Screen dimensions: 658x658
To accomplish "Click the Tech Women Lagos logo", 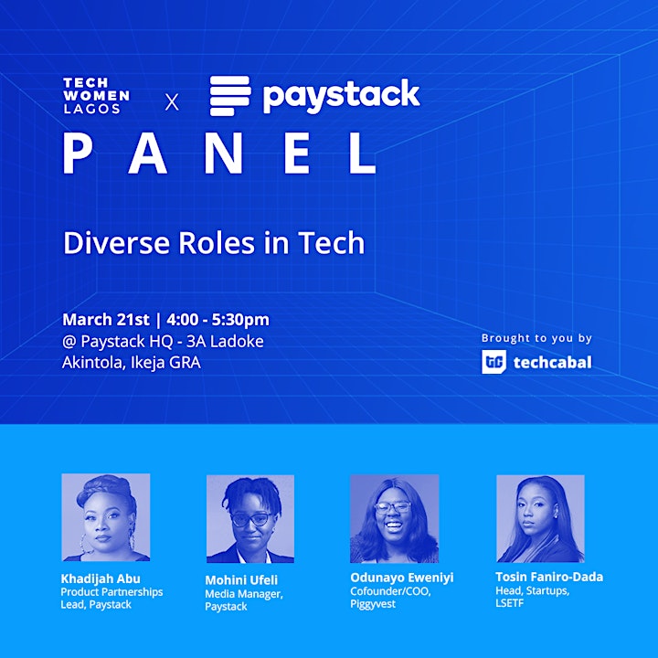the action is (97, 96).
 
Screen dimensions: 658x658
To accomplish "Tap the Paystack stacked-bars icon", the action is (230, 96).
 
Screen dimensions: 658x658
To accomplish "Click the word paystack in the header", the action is (341, 96).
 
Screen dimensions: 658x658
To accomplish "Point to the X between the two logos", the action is (172, 102).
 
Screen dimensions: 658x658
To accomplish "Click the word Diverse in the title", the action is (117, 242).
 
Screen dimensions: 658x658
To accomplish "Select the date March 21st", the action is (106, 320).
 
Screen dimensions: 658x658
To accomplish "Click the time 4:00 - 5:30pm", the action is (218, 320).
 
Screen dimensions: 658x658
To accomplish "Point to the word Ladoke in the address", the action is (237, 341).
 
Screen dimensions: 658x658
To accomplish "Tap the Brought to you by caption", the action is (536, 338).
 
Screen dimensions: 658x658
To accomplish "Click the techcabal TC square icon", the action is (493, 362).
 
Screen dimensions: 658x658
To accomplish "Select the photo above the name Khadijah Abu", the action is (106, 517).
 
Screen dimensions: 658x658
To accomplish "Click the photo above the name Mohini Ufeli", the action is (250, 519).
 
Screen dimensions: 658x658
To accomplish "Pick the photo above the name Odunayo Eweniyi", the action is (395, 519).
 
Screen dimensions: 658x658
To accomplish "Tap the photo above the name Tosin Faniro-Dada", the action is (540, 519).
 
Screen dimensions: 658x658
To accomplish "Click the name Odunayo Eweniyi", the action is (402, 578).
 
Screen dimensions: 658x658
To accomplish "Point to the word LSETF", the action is (509, 603).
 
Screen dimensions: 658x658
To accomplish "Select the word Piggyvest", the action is (373, 604).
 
